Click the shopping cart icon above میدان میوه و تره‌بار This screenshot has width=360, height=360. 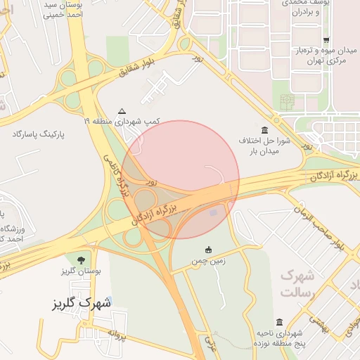(x=326, y=40)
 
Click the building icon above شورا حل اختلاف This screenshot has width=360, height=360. (x=264, y=131)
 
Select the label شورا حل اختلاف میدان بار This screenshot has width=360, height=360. (x=259, y=146)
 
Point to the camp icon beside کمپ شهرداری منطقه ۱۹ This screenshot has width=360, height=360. (x=122, y=111)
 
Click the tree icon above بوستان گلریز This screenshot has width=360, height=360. (x=88, y=260)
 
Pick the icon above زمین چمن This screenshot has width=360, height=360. (x=208, y=250)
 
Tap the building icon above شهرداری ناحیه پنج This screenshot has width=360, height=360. (x=280, y=321)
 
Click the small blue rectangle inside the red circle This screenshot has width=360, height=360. (x=214, y=212)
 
